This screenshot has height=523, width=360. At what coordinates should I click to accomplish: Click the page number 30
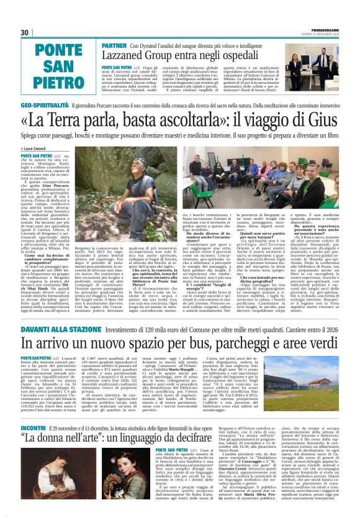[x=25, y=32]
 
